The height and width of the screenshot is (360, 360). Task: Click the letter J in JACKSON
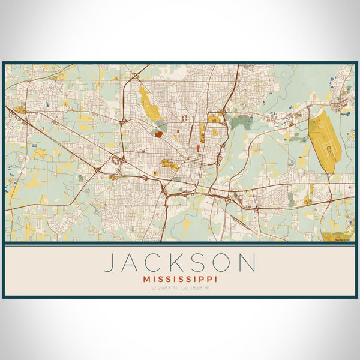point(110,263)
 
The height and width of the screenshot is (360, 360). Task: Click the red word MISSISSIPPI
point(180,279)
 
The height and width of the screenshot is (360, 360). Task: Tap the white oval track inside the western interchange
point(115,161)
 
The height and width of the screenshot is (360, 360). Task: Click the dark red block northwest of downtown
point(158,134)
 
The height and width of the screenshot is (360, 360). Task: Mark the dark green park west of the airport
point(241,122)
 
